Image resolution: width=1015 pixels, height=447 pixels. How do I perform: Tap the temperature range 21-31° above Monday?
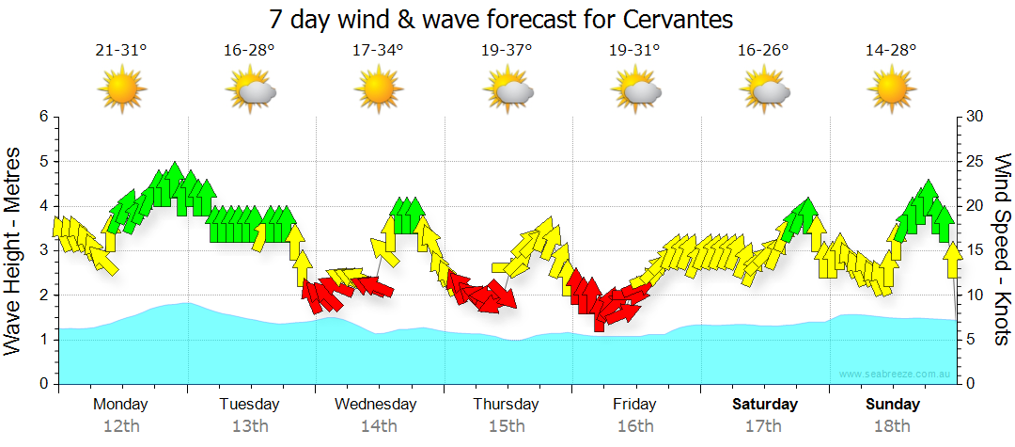[x=121, y=51]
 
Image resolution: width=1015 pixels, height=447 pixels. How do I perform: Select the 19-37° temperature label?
[x=507, y=51]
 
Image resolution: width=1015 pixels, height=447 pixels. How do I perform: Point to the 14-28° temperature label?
[x=891, y=51]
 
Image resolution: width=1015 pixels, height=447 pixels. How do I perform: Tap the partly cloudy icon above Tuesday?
[x=251, y=90]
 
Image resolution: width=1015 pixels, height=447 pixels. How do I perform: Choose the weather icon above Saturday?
[x=764, y=90]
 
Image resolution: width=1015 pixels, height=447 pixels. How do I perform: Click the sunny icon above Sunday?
[x=891, y=89]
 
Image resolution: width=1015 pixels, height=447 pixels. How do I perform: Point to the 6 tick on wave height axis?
[x=42, y=117]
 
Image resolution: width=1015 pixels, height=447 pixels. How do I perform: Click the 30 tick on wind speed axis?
[x=975, y=117]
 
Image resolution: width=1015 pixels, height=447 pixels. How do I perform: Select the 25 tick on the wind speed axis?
[x=975, y=162]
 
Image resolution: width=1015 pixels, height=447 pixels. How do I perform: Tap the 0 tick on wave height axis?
[x=42, y=384]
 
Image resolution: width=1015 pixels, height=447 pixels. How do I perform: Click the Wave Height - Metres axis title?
[x=15, y=251]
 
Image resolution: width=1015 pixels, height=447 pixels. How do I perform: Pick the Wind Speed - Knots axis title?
[x=1001, y=249]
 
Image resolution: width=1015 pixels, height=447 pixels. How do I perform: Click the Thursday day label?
[x=506, y=405]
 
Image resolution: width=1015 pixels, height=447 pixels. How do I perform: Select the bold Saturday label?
[x=765, y=405]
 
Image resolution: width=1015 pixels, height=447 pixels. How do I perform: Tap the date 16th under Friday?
[x=635, y=425]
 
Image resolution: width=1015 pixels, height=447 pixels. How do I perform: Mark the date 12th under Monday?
[x=121, y=425]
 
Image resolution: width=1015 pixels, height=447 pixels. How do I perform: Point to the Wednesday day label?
[x=376, y=405]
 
